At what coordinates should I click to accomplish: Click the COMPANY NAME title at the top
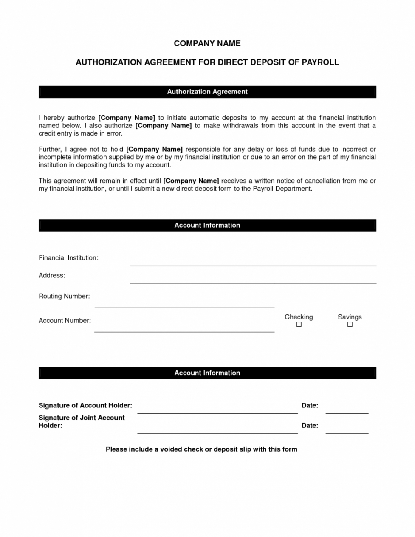(207, 43)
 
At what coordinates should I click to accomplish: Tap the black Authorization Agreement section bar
(207, 92)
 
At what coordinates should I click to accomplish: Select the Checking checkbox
(299, 325)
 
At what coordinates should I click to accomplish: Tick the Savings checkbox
(350, 325)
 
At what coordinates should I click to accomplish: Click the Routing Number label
(64, 296)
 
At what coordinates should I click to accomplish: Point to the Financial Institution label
(68, 258)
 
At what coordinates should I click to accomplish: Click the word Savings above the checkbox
(350, 317)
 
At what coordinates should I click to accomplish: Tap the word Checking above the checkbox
(299, 317)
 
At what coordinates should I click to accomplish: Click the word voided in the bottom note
(171, 449)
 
